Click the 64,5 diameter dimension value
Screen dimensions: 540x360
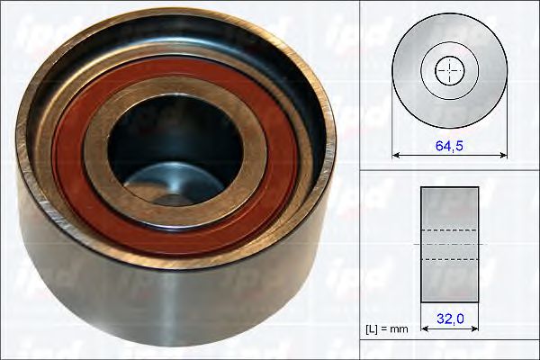point(449,146)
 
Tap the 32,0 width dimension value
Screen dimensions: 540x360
point(450,319)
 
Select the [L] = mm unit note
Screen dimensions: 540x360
point(387,329)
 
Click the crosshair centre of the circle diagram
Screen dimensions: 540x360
point(450,70)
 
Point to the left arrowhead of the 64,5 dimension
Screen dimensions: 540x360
point(395,156)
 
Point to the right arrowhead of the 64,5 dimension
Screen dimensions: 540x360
point(504,156)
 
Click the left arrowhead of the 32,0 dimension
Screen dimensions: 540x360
point(424,329)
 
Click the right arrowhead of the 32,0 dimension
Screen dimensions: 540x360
point(475,329)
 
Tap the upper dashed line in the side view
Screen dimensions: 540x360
point(450,229)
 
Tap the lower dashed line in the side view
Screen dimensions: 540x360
point(450,259)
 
